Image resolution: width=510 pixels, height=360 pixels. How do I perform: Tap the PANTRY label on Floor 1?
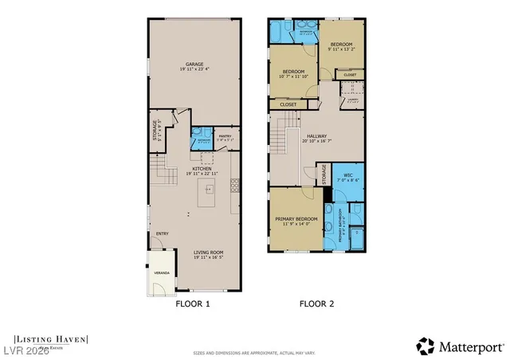point(224,136)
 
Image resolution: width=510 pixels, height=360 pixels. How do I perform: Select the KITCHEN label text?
point(201,169)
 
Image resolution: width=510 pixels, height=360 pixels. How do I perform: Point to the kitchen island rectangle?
point(209,189)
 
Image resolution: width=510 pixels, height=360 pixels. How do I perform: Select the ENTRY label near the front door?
point(162,233)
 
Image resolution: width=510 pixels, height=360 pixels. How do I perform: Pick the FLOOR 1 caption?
point(193,303)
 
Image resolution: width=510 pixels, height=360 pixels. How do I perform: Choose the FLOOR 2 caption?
point(316,303)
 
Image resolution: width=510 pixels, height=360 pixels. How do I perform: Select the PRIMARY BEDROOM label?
point(296,218)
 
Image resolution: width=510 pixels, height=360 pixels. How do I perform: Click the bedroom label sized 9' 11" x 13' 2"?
point(343,45)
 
